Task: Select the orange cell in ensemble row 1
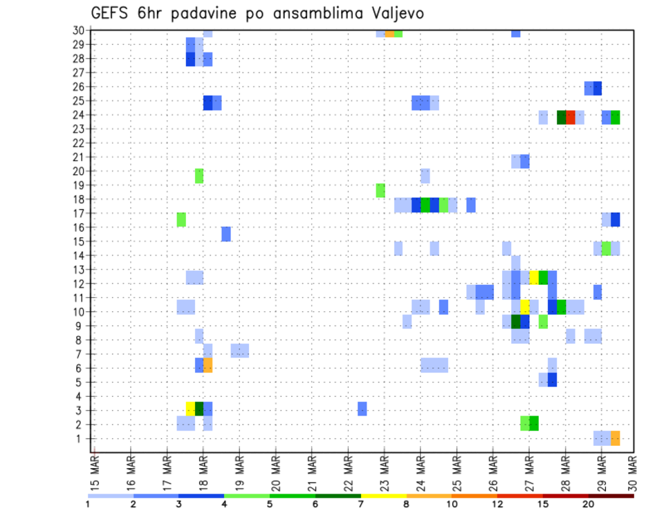coord(616,438)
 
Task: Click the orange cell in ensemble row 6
coord(207,365)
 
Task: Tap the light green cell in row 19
coord(380,190)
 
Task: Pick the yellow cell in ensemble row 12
coord(534,277)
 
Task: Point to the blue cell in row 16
coord(226,234)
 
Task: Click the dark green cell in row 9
coord(516,321)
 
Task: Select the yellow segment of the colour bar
coord(384,496)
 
